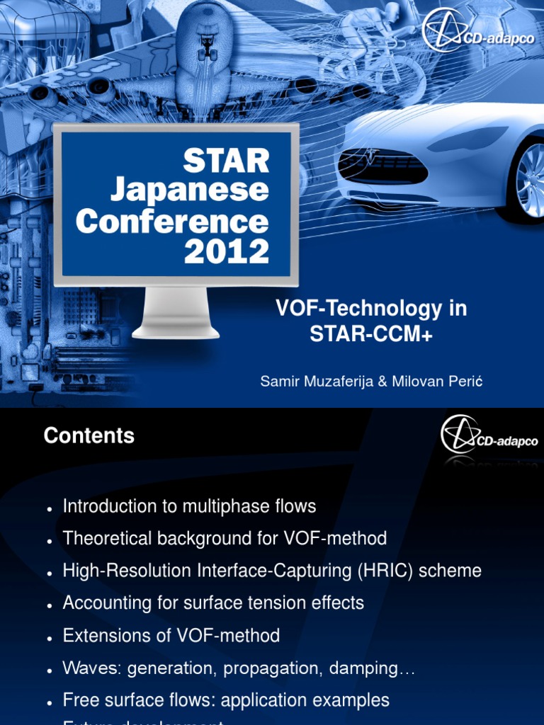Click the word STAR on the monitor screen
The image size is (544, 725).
[226, 161]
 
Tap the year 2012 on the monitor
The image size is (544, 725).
[226, 251]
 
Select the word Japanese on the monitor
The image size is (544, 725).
[189, 190]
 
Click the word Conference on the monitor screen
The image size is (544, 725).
[172, 221]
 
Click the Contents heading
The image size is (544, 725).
[89, 435]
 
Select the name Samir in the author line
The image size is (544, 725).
[280, 381]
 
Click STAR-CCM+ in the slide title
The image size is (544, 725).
[370, 334]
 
